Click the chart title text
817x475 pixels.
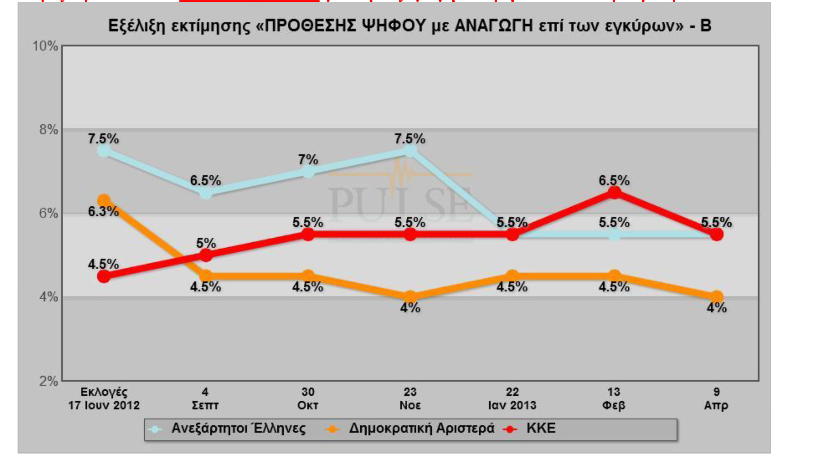click(409, 26)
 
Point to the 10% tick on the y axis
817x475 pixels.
click(45, 46)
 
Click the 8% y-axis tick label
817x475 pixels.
click(48, 130)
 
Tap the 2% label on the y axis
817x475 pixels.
click(48, 381)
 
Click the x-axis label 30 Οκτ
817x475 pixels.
click(308, 399)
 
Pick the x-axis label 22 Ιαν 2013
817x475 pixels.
click(512, 399)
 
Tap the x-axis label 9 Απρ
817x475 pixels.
click(716, 399)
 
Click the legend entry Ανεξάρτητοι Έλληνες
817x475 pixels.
click(238, 428)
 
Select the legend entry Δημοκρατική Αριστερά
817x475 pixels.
click(421, 428)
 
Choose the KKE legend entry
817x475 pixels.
click(540, 428)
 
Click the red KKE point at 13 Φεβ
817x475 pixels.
click(614, 193)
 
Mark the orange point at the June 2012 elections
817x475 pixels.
click(104, 201)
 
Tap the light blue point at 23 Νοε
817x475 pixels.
click(410, 151)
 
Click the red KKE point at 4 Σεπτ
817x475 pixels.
click(206, 255)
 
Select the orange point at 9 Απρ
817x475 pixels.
click(716, 297)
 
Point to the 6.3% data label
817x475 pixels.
click(103, 212)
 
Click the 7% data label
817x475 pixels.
click(308, 160)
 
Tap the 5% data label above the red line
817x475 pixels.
click(206, 243)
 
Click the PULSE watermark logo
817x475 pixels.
click(400, 199)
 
